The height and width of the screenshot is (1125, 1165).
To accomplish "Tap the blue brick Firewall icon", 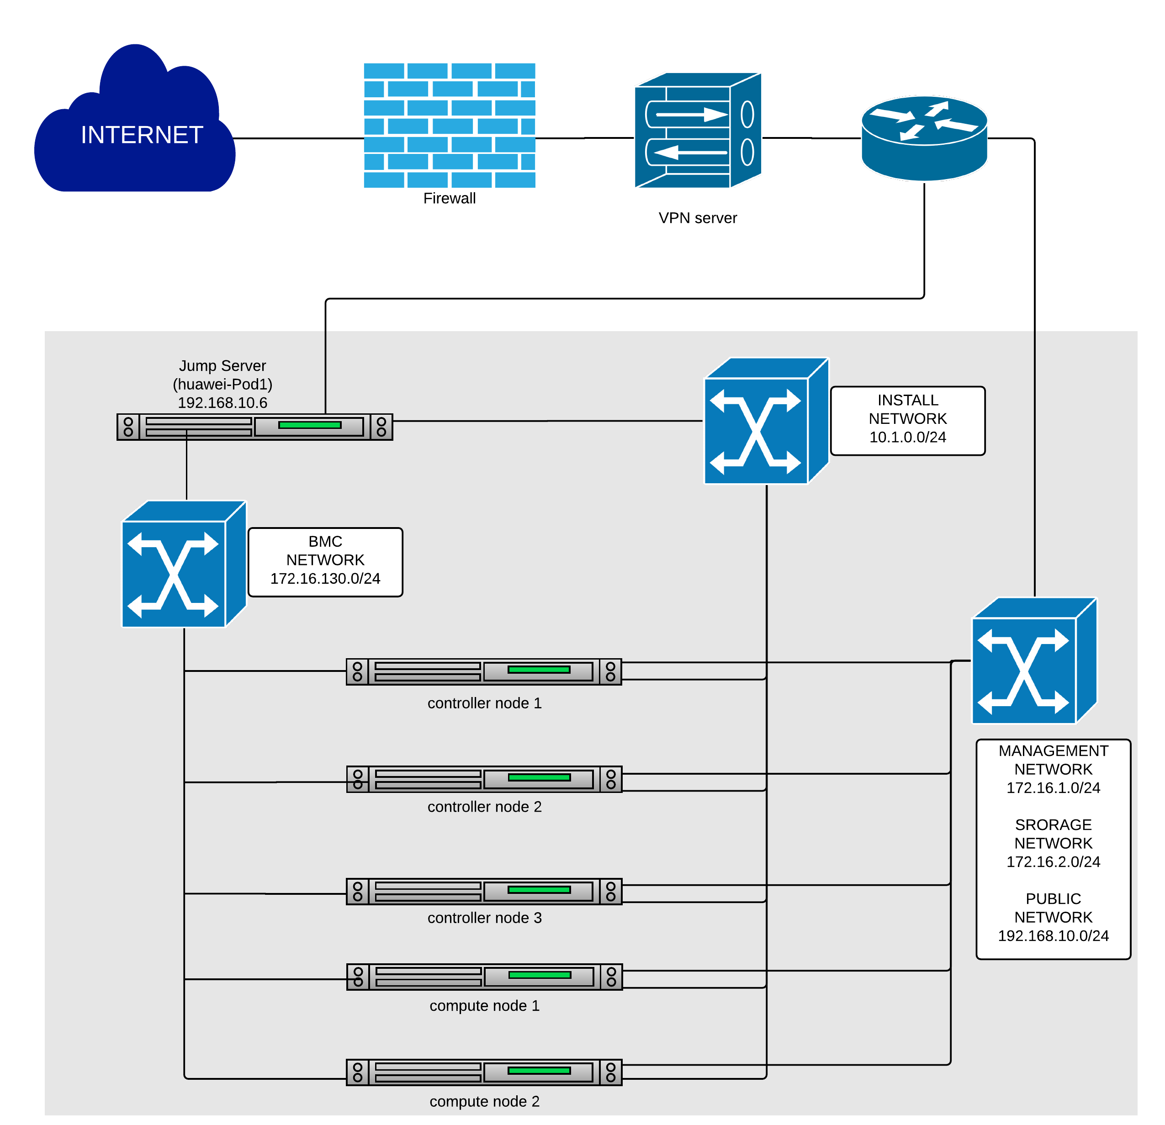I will pyautogui.click(x=450, y=126).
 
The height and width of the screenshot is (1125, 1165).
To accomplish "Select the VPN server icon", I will pyautogui.click(x=698, y=130).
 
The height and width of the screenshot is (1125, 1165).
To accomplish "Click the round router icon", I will pyautogui.click(x=924, y=138).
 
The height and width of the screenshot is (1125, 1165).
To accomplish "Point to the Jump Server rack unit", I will pyautogui.click(x=254, y=427).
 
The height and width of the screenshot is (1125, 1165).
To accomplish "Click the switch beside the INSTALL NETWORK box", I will pyautogui.click(x=766, y=421).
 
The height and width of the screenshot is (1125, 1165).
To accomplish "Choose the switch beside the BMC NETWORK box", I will pyautogui.click(x=184, y=563).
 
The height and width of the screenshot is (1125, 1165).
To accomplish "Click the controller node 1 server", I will pyautogui.click(x=484, y=671).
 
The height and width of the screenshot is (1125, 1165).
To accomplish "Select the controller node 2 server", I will pyautogui.click(x=484, y=779).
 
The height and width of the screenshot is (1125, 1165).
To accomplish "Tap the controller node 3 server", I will pyautogui.click(x=484, y=892).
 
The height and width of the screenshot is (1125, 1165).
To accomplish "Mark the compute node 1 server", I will pyautogui.click(x=484, y=977).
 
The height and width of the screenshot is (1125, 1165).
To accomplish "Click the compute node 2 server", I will pyautogui.click(x=484, y=1072).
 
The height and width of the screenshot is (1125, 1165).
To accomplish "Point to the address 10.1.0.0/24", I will pyautogui.click(x=908, y=438).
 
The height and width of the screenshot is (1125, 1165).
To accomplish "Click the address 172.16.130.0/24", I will pyautogui.click(x=325, y=579).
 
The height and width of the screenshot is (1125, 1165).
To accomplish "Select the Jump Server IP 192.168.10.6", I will pyautogui.click(x=222, y=403).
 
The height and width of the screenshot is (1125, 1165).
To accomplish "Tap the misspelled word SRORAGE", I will pyautogui.click(x=1053, y=825).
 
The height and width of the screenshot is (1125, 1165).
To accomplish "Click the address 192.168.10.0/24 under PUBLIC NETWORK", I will pyautogui.click(x=1053, y=936).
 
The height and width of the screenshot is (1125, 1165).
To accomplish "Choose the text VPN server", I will pyautogui.click(x=697, y=218).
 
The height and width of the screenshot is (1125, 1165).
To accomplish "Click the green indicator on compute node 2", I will pyautogui.click(x=539, y=1070).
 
